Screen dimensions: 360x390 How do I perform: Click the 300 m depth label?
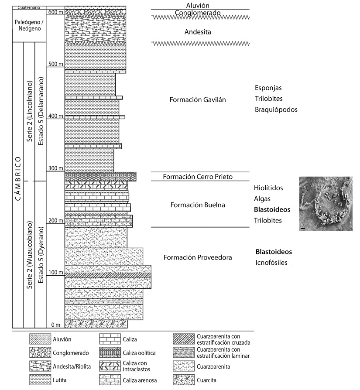click(x=56, y=168)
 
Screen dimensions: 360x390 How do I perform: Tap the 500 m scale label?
click(x=56, y=64)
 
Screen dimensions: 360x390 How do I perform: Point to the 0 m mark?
click(x=56, y=325)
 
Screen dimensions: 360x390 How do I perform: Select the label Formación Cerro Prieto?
click(x=198, y=177)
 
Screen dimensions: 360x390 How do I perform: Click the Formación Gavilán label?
click(x=198, y=100)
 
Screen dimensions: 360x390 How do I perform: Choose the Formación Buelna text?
click(x=198, y=205)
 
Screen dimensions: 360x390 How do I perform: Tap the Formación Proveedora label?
click(x=198, y=257)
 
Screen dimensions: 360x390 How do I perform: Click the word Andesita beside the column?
click(x=198, y=32)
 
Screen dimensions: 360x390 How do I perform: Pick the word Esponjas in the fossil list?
click(x=268, y=88)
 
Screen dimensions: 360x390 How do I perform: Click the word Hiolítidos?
click(x=268, y=188)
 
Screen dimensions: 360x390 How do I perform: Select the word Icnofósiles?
click(x=271, y=263)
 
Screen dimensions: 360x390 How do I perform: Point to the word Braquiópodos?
click(x=276, y=109)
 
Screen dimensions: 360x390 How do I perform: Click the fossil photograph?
click(x=326, y=203)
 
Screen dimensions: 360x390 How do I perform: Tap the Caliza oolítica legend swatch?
click(x=110, y=352)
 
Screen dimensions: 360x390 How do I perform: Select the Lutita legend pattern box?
click(x=40, y=380)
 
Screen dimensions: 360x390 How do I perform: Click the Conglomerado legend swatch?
click(x=40, y=352)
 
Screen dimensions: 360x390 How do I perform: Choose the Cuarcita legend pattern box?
click(x=184, y=380)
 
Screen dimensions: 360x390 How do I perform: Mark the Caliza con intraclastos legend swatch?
click(x=110, y=366)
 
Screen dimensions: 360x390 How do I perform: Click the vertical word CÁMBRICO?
click(x=18, y=178)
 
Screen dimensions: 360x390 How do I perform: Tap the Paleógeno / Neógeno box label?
click(x=29, y=25)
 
